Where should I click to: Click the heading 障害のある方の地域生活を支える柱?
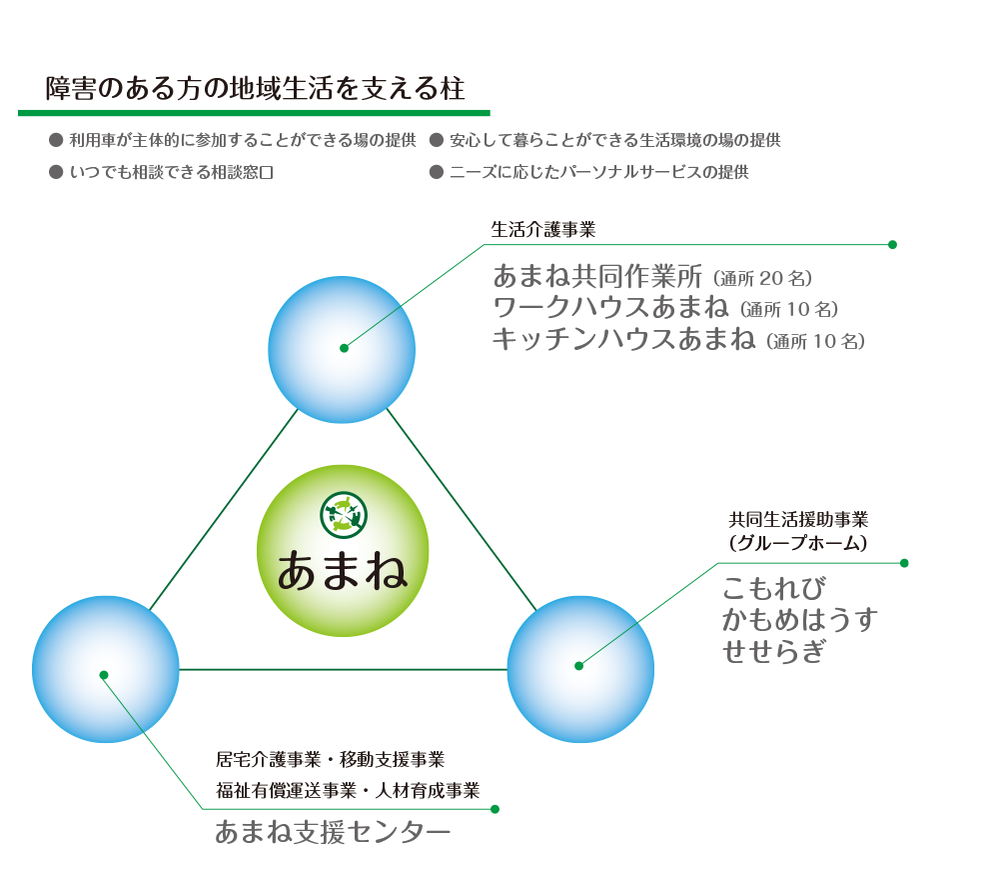255,88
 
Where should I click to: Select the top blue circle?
343,349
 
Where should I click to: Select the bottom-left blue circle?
105,669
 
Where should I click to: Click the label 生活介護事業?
542,230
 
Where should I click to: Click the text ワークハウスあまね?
610,307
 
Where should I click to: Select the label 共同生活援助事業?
798,520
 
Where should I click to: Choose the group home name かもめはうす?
800,620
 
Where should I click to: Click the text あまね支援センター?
332,832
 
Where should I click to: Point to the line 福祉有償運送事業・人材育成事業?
348,791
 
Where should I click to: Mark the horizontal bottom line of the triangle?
343,669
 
